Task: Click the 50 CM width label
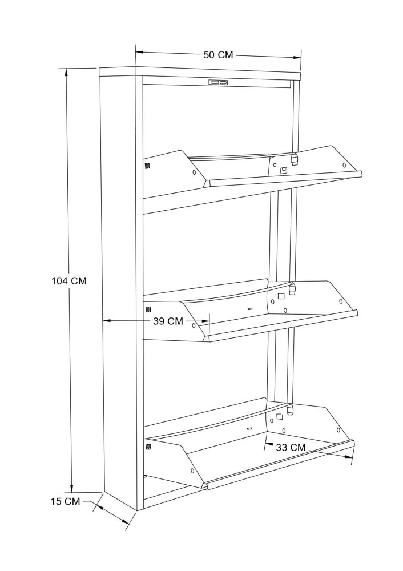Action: (218, 55)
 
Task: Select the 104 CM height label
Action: (69, 281)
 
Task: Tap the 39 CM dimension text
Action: (168, 321)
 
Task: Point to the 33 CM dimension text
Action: (291, 447)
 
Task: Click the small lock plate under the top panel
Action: (218, 83)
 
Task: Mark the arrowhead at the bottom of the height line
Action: (72, 488)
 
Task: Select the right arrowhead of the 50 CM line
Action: (297, 57)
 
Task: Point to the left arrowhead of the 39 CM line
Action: (107, 320)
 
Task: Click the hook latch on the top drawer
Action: (295, 158)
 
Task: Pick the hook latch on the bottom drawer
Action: (290, 409)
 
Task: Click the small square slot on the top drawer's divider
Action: (283, 170)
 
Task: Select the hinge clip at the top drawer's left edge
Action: (147, 166)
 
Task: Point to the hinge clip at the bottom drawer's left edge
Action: (148, 447)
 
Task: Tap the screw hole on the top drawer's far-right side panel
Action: (344, 164)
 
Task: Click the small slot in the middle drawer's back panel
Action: (250, 309)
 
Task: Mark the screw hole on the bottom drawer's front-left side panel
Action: (191, 471)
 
